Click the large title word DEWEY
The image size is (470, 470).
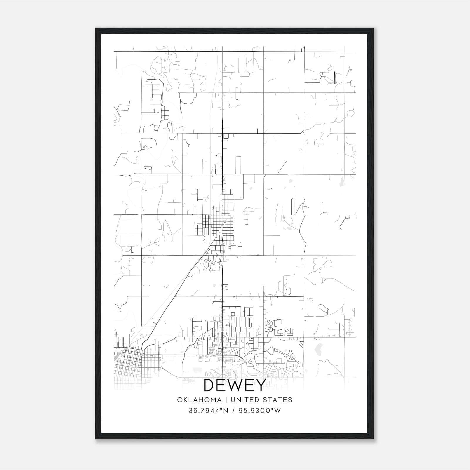point(235,385)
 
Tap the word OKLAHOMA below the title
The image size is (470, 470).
point(199,400)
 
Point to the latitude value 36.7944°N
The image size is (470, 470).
point(209,411)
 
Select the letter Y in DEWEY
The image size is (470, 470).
point(261,385)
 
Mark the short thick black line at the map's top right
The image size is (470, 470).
point(335,77)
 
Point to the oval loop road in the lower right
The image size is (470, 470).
point(323,308)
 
